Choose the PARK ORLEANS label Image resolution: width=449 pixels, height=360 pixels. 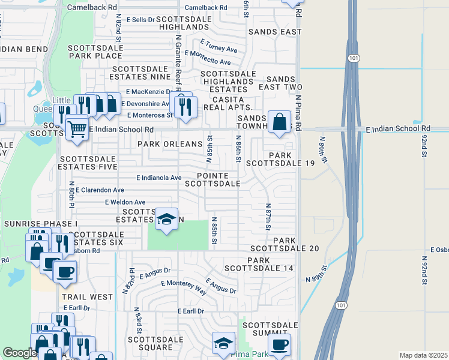(170, 144)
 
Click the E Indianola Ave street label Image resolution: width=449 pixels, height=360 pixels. (158, 178)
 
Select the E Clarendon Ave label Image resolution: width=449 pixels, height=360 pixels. (100, 190)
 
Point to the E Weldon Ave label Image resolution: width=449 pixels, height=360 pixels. (125, 202)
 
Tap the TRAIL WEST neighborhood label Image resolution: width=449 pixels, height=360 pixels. (87, 297)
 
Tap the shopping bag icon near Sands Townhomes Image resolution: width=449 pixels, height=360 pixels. (279, 122)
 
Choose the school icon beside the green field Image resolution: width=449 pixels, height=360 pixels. (166, 219)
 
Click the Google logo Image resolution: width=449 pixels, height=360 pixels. (20, 353)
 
